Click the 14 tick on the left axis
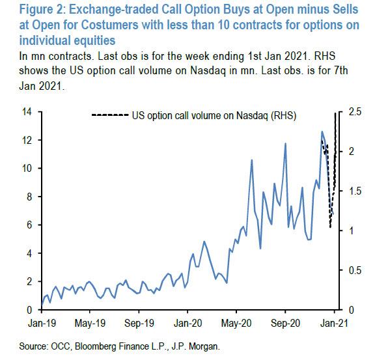click(29, 112)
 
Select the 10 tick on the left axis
click(29, 169)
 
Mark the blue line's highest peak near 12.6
click(322, 132)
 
